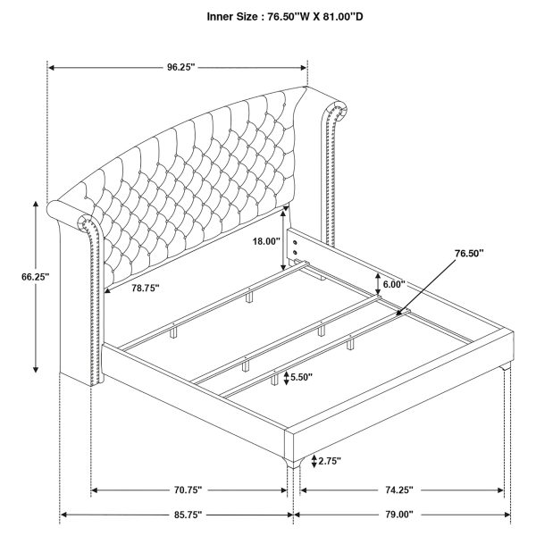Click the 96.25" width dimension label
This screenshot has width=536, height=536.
click(180, 67)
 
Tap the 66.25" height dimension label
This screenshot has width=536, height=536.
click(36, 277)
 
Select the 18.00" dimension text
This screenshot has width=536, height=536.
click(266, 241)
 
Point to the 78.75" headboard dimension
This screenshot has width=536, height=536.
click(146, 289)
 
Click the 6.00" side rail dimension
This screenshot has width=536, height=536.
click(394, 284)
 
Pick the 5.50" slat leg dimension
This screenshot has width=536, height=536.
click(301, 377)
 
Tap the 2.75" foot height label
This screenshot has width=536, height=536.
click(330, 462)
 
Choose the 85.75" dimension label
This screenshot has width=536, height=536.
click(188, 515)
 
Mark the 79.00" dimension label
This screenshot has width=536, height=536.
click(399, 515)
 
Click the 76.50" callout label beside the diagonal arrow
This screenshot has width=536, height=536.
click(469, 254)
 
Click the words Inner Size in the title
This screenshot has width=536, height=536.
click(231, 16)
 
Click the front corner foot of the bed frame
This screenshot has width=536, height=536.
click(293, 464)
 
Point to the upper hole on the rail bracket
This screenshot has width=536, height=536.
click(296, 243)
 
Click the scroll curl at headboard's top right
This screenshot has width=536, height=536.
click(337, 110)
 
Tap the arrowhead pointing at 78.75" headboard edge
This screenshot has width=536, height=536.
click(107, 291)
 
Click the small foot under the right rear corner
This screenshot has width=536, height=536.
click(506, 367)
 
